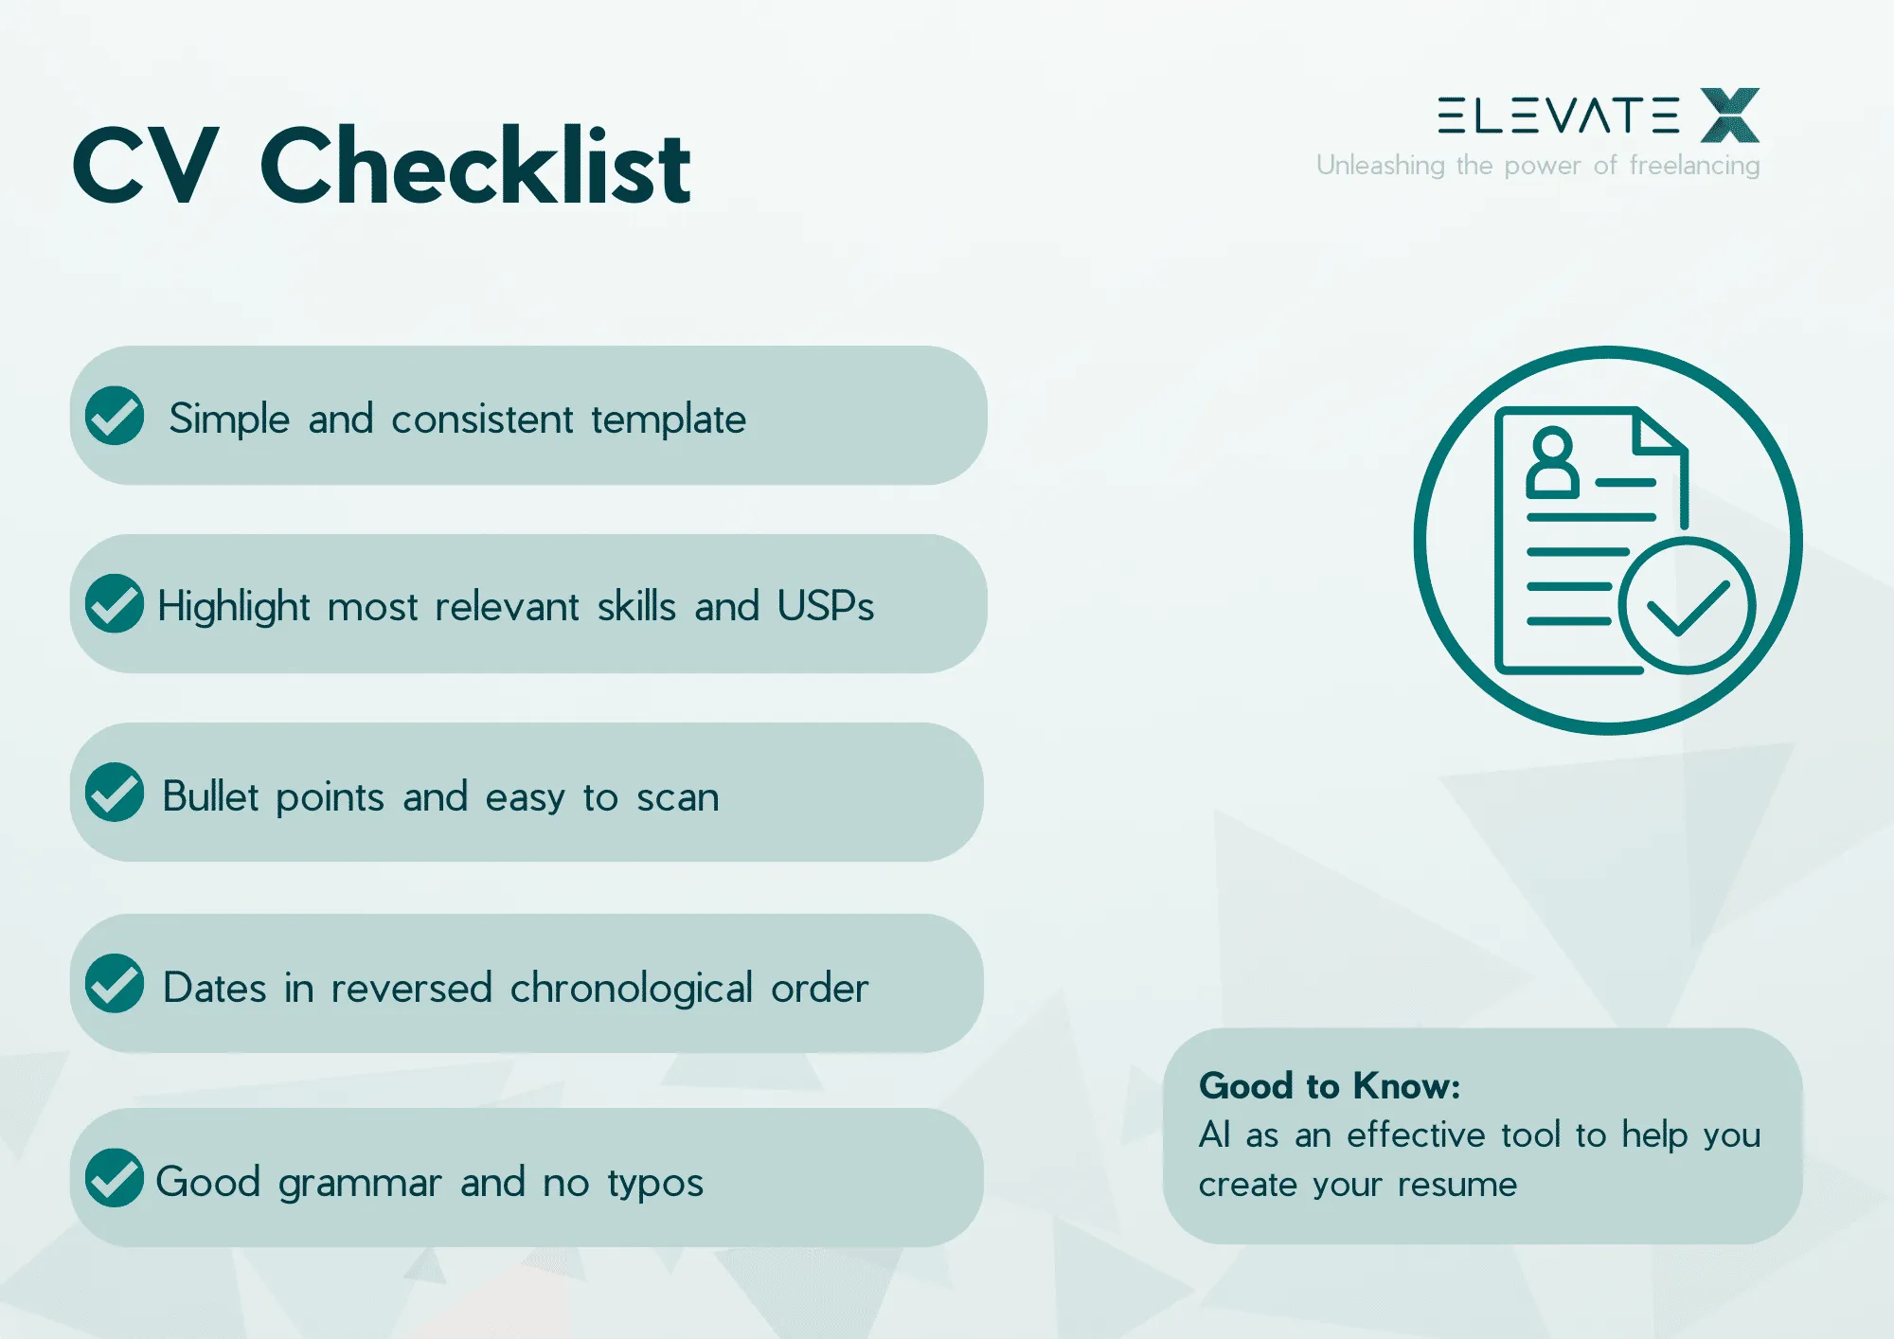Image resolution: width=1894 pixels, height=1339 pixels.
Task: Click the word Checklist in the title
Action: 475,166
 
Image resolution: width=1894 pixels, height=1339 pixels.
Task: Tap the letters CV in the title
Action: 146,166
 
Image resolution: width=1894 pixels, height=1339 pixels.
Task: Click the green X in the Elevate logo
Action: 1730,115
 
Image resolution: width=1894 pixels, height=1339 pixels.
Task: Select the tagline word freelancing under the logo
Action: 1694,166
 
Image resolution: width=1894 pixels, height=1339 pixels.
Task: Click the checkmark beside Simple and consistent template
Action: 115,415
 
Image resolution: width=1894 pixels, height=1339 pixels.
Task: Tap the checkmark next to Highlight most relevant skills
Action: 115,603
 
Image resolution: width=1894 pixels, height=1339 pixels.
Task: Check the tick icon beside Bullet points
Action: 115,792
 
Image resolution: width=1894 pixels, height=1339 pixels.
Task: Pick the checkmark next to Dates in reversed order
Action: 115,983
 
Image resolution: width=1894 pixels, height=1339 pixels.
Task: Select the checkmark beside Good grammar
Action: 115,1177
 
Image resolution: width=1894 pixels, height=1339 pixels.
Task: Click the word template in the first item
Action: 669,420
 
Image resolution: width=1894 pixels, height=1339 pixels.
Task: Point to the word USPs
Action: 826,606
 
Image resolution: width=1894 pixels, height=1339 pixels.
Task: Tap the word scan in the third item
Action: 678,798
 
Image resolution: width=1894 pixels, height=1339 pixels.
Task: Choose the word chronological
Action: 632,989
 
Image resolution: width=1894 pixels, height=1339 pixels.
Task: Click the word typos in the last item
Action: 655,1184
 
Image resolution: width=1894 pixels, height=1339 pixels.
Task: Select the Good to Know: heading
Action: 1330,1086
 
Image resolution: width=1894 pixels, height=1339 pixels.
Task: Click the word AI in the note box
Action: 1214,1134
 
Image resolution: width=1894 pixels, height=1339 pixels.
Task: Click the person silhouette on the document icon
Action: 1552,462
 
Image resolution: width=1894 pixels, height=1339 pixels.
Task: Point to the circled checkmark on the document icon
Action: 1687,606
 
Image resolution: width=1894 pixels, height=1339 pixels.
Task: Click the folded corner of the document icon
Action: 1660,432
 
